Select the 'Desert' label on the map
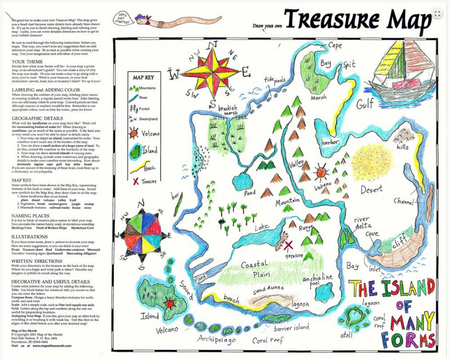(x=371, y=189)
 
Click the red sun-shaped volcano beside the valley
(x=321, y=173)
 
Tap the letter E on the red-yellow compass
(x=245, y=70)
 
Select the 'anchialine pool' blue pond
(x=324, y=292)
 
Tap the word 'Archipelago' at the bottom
(x=216, y=339)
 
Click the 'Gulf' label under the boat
(x=365, y=104)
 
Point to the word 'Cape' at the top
(x=334, y=45)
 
